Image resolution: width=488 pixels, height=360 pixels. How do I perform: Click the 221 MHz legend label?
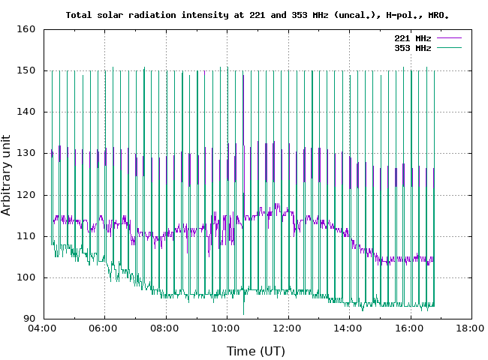(x=413, y=37)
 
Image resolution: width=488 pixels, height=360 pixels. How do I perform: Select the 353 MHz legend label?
(x=413, y=47)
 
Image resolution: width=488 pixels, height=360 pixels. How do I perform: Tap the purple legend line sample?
(x=447, y=37)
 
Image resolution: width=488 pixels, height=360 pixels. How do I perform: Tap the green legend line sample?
(x=447, y=47)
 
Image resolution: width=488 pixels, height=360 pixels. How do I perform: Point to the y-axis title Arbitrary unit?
(x=7, y=174)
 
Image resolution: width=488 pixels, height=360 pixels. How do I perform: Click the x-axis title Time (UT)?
(x=256, y=350)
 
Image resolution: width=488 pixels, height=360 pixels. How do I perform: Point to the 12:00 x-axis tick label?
(x=287, y=328)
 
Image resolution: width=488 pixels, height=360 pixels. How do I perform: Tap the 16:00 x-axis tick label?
(x=409, y=328)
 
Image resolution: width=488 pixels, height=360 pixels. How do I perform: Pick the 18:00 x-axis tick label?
(x=471, y=328)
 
